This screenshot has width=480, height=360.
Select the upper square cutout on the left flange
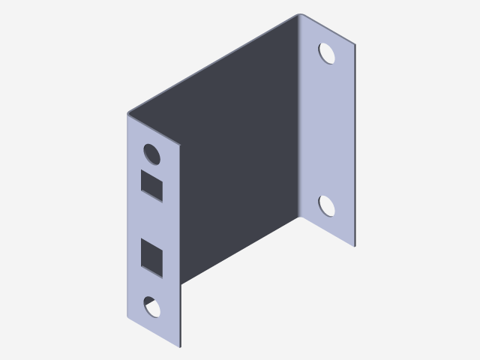pos(153,184)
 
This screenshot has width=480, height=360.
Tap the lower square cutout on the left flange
pos(153,255)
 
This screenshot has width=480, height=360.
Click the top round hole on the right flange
pos(327,53)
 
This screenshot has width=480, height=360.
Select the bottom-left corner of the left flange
pos(128,316)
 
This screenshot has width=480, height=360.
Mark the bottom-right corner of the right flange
pos(354,246)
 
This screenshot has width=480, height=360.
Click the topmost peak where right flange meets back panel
pos(300,14)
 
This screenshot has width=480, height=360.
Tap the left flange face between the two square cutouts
pos(154,220)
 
